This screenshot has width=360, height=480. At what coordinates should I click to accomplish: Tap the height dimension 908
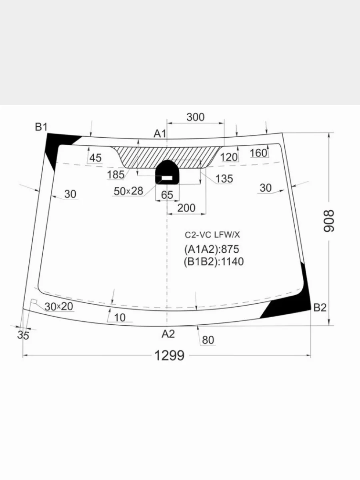pyautogui.click(x=329, y=221)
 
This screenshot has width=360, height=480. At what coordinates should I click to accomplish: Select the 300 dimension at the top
pyautogui.click(x=196, y=117)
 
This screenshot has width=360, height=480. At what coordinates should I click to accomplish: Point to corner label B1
pyautogui.click(x=41, y=127)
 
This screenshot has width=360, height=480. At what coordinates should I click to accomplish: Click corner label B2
pyautogui.click(x=320, y=308)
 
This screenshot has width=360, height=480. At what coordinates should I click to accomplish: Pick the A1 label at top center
pyautogui.click(x=160, y=133)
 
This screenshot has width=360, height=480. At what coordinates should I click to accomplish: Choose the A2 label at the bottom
pyautogui.click(x=168, y=334)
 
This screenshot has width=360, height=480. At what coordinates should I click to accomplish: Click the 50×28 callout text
pyautogui.click(x=128, y=191)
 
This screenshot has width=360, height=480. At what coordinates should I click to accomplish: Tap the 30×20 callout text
pyautogui.click(x=59, y=306)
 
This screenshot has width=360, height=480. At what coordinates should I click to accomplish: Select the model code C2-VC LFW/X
pyautogui.click(x=212, y=235)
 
